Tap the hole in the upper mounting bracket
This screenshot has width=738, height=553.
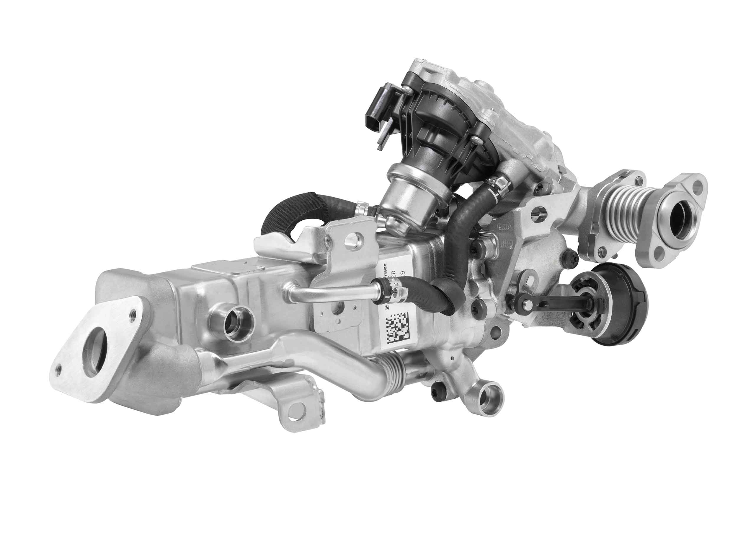tap(354, 239)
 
